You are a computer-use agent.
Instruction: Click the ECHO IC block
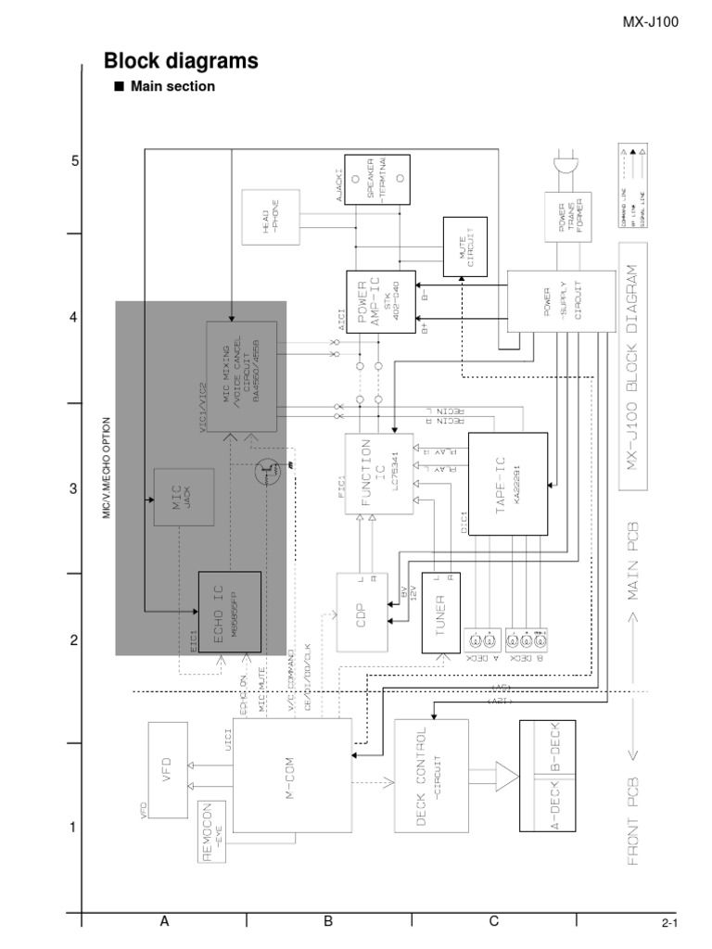(x=230, y=611)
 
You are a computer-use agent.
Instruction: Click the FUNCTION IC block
(x=377, y=482)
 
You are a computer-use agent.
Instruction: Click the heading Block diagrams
(x=180, y=61)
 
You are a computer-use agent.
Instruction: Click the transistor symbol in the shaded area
(x=269, y=473)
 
